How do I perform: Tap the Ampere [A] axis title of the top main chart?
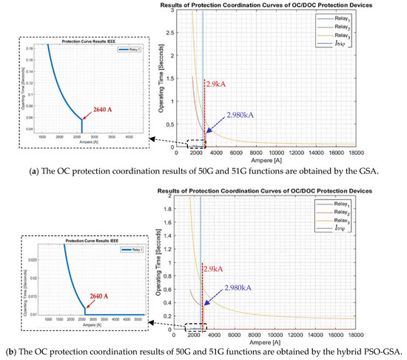point(284,160)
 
